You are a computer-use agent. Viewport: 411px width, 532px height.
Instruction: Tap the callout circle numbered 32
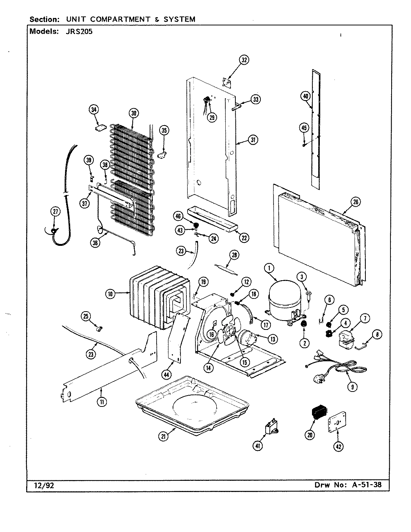click(244, 60)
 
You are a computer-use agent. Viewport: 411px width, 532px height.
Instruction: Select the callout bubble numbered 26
click(355, 202)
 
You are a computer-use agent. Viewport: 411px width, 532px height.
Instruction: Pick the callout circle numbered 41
click(257, 445)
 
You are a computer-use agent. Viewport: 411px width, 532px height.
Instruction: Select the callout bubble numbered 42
click(338, 446)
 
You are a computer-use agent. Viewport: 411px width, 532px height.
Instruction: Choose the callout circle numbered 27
click(55, 212)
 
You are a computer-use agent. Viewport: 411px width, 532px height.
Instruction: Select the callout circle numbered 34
click(94, 109)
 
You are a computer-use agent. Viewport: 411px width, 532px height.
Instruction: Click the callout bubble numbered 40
click(306, 96)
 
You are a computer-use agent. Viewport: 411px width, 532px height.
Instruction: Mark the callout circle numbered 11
click(101, 402)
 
